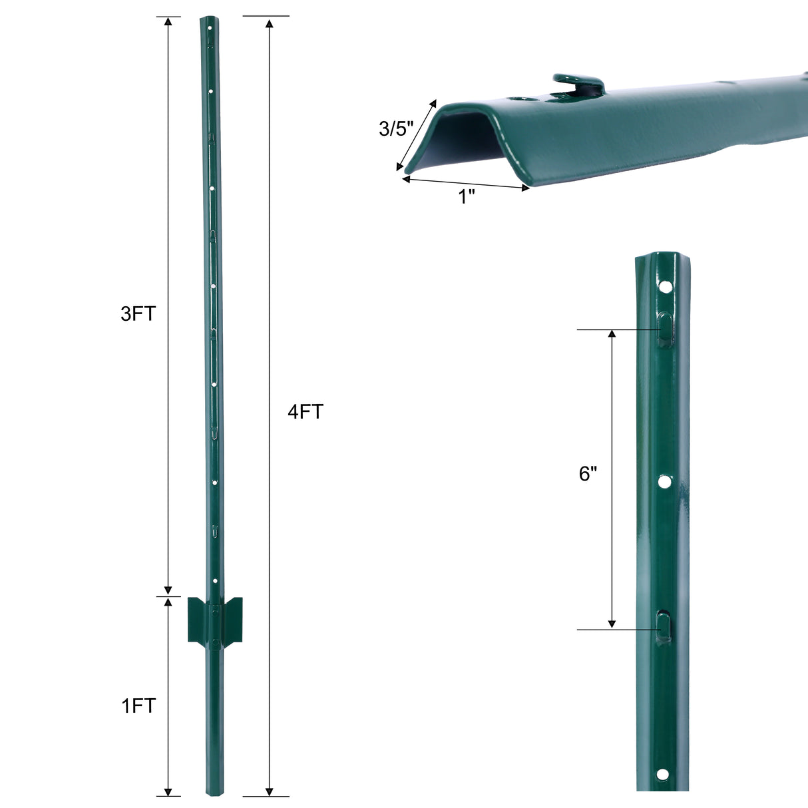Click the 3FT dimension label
(x=138, y=313)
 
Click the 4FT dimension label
(x=305, y=412)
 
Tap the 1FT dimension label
(x=138, y=706)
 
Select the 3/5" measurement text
(x=396, y=128)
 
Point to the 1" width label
(x=467, y=196)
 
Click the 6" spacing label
(x=588, y=474)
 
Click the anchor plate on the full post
(x=215, y=620)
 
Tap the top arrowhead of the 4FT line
(x=269, y=25)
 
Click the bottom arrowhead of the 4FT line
(x=269, y=791)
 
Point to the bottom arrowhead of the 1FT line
(x=168, y=791)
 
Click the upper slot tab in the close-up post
(x=666, y=328)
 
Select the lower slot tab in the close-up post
(x=664, y=626)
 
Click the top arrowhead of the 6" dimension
(x=612, y=333)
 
